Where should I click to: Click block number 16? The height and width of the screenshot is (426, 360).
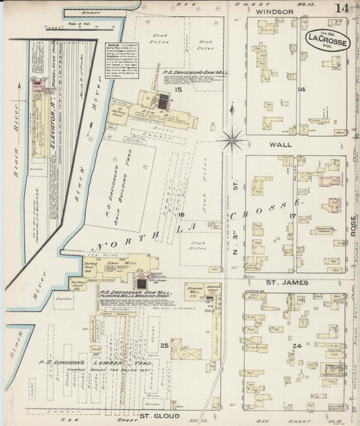[x=181, y=214]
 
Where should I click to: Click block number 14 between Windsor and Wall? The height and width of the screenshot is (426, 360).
[x=301, y=89]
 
